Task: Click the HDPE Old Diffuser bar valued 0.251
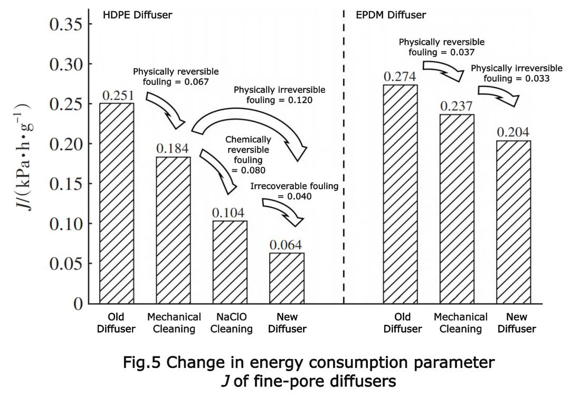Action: click(x=116, y=203)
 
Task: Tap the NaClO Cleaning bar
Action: click(x=230, y=262)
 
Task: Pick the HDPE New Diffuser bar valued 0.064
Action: click(x=287, y=278)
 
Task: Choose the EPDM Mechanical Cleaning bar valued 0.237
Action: click(x=457, y=209)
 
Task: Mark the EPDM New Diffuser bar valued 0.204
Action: click(x=514, y=222)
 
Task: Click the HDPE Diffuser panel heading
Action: click(x=137, y=15)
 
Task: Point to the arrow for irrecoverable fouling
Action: click(x=283, y=211)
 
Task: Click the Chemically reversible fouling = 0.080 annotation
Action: click(x=248, y=155)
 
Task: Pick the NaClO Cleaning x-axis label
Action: click(x=230, y=323)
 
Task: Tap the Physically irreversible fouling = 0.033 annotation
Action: click(x=517, y=73)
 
